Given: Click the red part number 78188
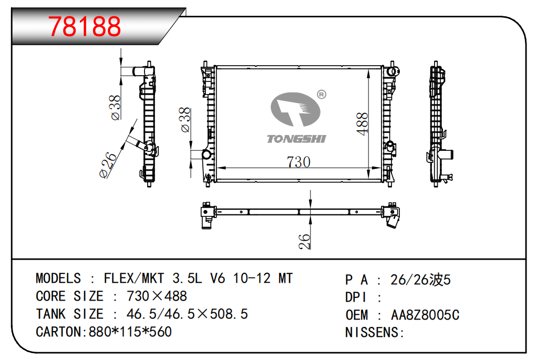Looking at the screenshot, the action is click(85, 26).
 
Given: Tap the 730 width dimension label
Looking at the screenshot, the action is click(298, 162).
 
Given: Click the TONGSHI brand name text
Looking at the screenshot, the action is click(296, 139).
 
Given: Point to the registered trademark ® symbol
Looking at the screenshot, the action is click(321, 95).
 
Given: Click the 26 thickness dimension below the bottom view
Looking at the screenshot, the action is click(304, 241).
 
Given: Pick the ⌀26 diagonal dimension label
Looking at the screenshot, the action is click(108, 165).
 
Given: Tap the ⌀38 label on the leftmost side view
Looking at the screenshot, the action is click(116, 108).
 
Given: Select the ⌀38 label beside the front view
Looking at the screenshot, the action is click(185, 120).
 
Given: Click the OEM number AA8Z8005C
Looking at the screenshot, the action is click(425, 315).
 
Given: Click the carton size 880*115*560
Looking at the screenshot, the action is click(130, 332).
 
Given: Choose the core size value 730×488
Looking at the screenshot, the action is click(157, 296).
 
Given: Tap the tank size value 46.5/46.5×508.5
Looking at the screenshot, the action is click(187, 314).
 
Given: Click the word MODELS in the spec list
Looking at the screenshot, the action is click(58, 279).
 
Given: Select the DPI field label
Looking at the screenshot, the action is click(356, 297).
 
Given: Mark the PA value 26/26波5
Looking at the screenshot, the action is click(421, 280).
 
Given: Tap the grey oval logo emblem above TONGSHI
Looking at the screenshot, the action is click(296, 109).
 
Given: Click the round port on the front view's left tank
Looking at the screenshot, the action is click(207, 154).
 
